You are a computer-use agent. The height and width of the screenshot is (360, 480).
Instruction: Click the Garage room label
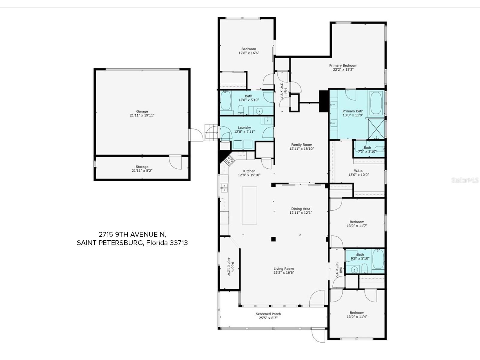[142, 111]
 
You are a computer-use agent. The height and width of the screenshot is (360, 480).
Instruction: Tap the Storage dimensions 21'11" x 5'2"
[142, 170]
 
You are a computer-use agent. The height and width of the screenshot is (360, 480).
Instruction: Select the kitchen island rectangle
[249, 205]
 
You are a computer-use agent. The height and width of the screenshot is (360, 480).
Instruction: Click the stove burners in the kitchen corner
[229, 161]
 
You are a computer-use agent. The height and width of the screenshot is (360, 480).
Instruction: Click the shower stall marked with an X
[376, 129]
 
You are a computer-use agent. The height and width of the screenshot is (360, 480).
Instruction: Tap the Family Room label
[301, 145]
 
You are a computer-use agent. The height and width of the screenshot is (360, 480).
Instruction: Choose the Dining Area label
[301, 209]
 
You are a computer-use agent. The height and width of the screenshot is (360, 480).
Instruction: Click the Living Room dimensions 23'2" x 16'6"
[283, 273]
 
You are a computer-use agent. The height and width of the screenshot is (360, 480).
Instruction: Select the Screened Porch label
[268, 314]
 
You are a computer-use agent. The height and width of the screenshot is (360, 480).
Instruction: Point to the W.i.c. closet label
[358, 171]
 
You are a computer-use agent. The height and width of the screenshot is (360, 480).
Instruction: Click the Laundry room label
[244, 128]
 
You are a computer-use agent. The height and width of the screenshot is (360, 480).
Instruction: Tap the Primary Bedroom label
[343, 66]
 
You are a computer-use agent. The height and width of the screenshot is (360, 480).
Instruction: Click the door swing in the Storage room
[175, 162]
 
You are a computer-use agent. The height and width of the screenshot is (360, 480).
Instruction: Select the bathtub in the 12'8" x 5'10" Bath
[226, 101]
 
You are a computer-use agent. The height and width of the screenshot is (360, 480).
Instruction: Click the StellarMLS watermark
[465, 180]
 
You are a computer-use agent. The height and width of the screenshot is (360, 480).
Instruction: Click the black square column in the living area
[273, 239]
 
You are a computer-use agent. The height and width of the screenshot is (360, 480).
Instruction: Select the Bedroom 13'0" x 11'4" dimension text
[357, 316]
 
